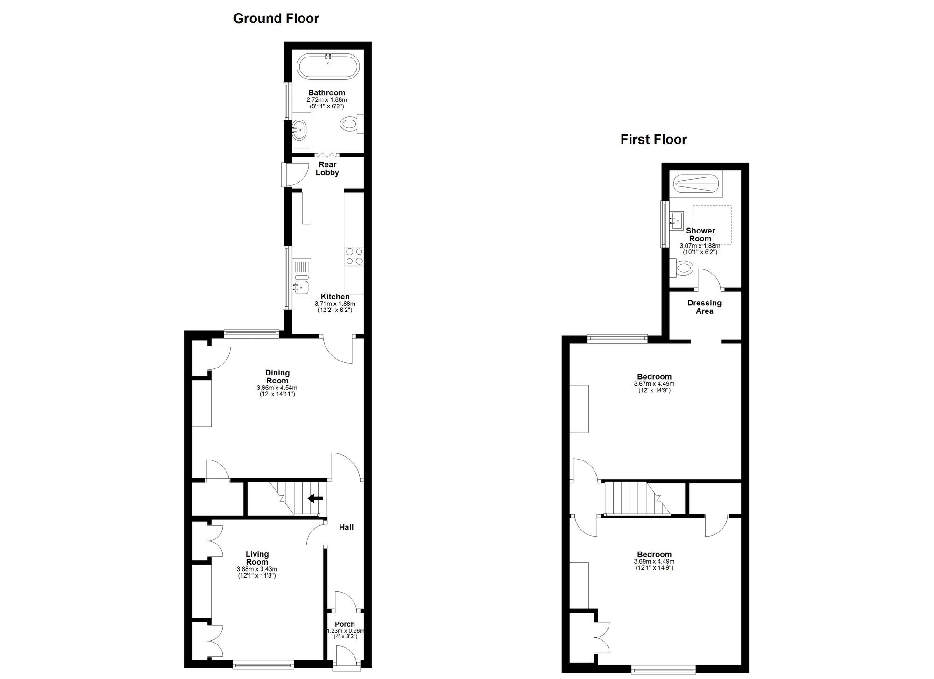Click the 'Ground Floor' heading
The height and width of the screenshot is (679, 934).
click(x=276, y=19)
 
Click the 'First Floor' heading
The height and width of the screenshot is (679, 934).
click(x=653, y=140)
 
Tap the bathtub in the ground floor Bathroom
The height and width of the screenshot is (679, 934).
click(x=329, y=66)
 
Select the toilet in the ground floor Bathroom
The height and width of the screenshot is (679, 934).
click(x=350, y=124)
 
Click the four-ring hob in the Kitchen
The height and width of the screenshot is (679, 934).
click(x=354, y=256)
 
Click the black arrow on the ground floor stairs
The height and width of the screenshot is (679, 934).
click(x=315, y=498)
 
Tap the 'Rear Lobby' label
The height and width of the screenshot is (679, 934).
click(x=327, y=169)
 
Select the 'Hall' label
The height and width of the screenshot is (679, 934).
click(x=346, y=527)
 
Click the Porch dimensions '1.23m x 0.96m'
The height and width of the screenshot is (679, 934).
click(x=345, y=631)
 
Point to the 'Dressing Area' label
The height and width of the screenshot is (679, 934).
click(x=704, y=307)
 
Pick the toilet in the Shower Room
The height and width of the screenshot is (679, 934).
click(x=683, y=268)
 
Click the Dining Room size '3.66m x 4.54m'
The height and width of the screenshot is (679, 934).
click(x=277, y=388)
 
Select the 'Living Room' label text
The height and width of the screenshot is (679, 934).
click(x=257, y=558)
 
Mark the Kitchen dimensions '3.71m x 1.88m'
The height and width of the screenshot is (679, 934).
click(x=335, y=304)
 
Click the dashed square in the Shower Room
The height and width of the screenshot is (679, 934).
click(x=712, y=225)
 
